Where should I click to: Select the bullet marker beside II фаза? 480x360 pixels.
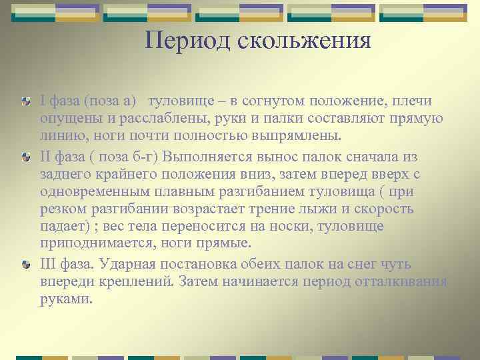(x=26, y=155)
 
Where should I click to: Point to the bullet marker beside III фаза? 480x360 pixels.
(x=26, y=263)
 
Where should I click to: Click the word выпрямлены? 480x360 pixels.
(x=301, y=137)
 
